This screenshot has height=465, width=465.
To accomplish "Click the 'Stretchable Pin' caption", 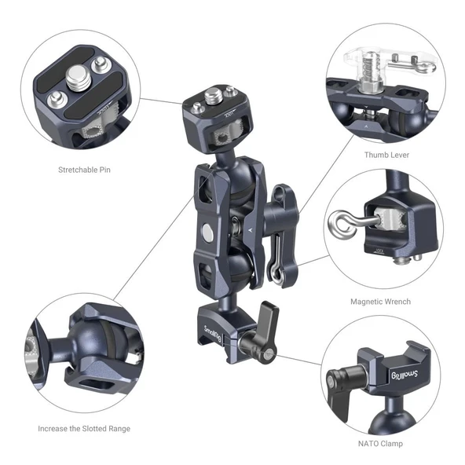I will (84, 169).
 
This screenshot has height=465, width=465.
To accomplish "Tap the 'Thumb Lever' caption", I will (386, 155).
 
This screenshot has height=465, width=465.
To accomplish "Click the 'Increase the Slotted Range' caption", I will (84, 428).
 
